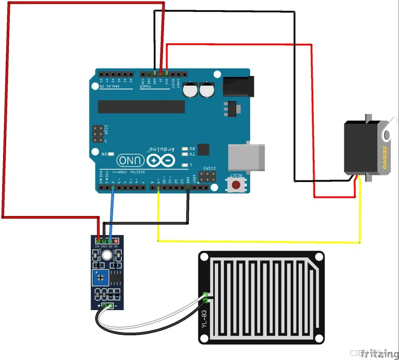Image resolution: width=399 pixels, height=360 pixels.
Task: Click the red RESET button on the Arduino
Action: click(237, 184)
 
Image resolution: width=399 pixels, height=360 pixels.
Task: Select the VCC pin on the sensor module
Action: click(98, 241)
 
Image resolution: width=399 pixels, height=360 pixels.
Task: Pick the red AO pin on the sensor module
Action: click(117, 241)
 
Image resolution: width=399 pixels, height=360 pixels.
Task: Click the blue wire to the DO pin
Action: click(112, 211)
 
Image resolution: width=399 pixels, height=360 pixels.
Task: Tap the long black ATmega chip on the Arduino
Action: click(141, 106)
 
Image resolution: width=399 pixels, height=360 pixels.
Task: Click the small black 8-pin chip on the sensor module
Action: click(118, 278)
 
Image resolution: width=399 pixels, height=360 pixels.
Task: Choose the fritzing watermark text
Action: click(379, 353)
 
